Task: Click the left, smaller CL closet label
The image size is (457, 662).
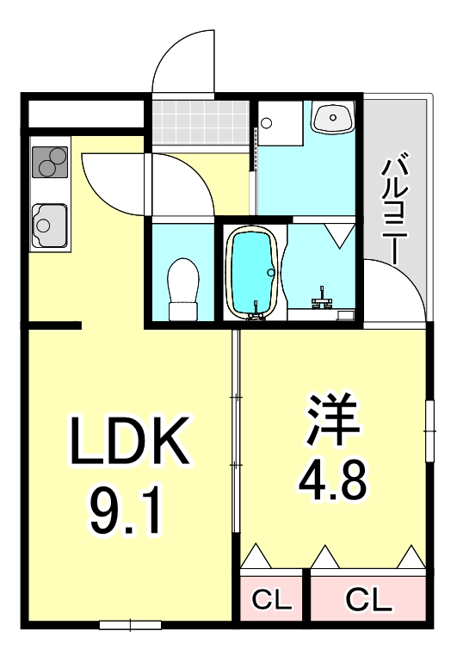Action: [272, 597]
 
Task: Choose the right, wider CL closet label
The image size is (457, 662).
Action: [367, 597]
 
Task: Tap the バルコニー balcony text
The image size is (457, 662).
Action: [395, 199]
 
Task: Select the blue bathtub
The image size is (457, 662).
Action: [253, 272]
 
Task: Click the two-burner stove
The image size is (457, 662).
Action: [49, 161]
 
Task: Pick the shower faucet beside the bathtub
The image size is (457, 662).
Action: [324, 297]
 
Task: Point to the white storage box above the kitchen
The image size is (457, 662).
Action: [83, 114]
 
